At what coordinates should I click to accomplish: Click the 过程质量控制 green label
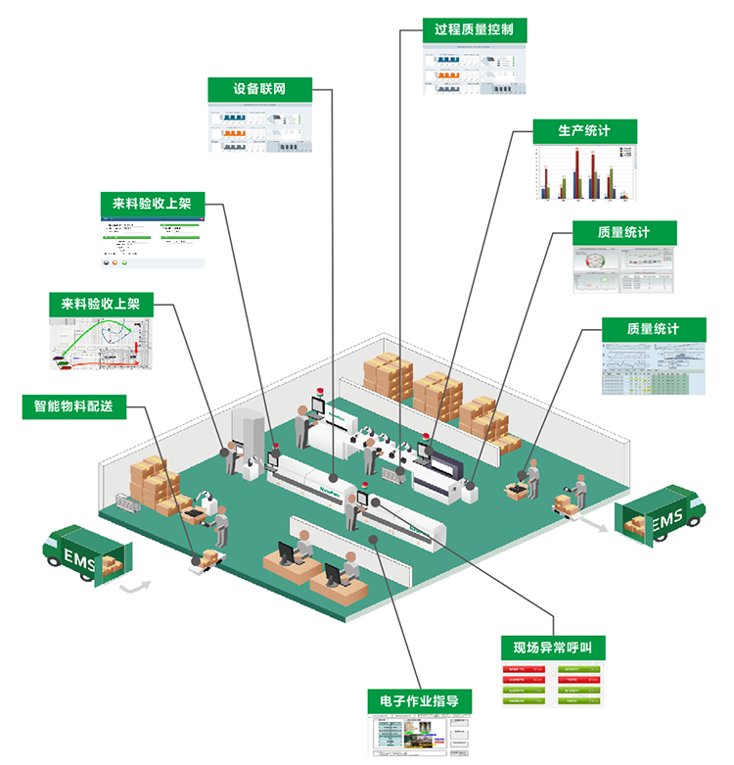click(475, 30)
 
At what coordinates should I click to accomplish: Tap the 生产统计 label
click(584, 132)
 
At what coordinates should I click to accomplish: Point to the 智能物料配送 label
click(74, 406)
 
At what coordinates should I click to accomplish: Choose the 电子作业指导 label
click(420, 701)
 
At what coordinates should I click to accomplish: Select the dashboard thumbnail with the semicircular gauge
click(623, 269)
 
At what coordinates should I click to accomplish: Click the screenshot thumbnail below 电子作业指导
click(420, 736)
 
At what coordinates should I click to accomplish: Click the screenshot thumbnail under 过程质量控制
click(475, 70)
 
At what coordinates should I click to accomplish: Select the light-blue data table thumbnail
click(653, 368)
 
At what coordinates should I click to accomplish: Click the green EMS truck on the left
click(85, 555)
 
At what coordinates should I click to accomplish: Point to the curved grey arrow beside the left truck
click(139, 587)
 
